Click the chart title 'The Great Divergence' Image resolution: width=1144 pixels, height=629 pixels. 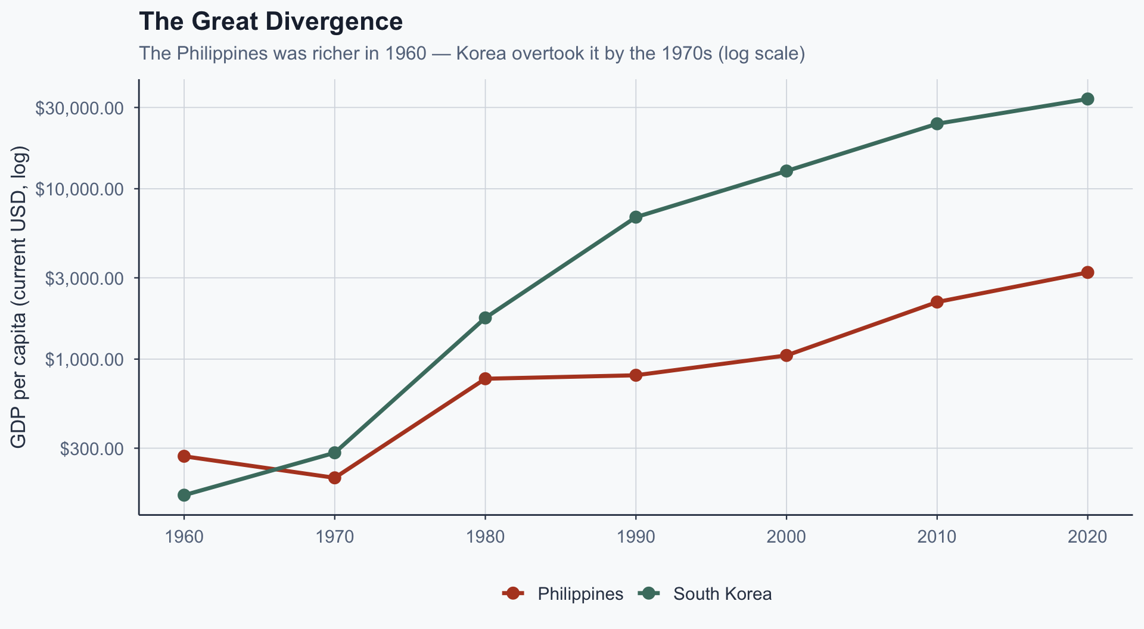(271, 22)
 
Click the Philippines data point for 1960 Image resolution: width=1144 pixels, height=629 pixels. (184, 456)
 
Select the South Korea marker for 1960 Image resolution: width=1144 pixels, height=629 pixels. (184, 495)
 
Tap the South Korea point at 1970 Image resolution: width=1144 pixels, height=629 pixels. (335, 453)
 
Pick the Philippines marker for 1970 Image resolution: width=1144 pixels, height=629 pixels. (335, 478)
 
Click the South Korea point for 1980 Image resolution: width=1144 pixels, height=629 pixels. (485, 317)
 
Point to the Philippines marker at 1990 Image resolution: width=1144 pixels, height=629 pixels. (636, 375)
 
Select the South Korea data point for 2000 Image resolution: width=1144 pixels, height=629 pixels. (786, 172)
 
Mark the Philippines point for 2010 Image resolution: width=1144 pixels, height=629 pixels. (937, 302)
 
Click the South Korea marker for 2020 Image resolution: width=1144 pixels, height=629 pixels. (1087, 99)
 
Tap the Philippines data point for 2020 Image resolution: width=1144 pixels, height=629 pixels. (1087, 272)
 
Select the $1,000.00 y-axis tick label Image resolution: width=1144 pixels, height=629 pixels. (84, 360)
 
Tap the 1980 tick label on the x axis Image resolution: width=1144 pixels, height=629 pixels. (485, 537)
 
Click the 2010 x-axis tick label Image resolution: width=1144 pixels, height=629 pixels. (937, 537)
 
